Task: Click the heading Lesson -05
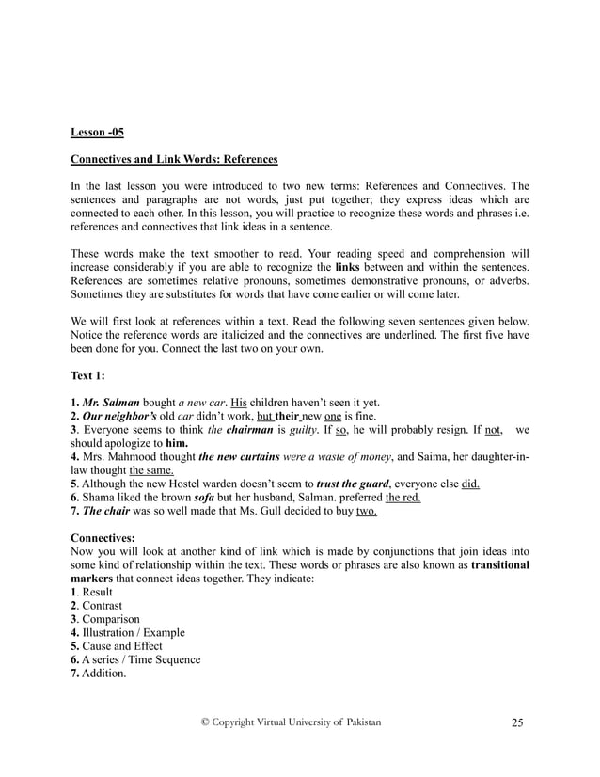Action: pos(97,133)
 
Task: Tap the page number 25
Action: pos(517,722)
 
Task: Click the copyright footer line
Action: pos(292,721)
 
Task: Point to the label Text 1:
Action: pos(89,376)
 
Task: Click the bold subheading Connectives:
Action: pos(103,540)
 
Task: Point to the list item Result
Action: pos(97,593)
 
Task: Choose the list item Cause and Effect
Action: pos(122,646)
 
